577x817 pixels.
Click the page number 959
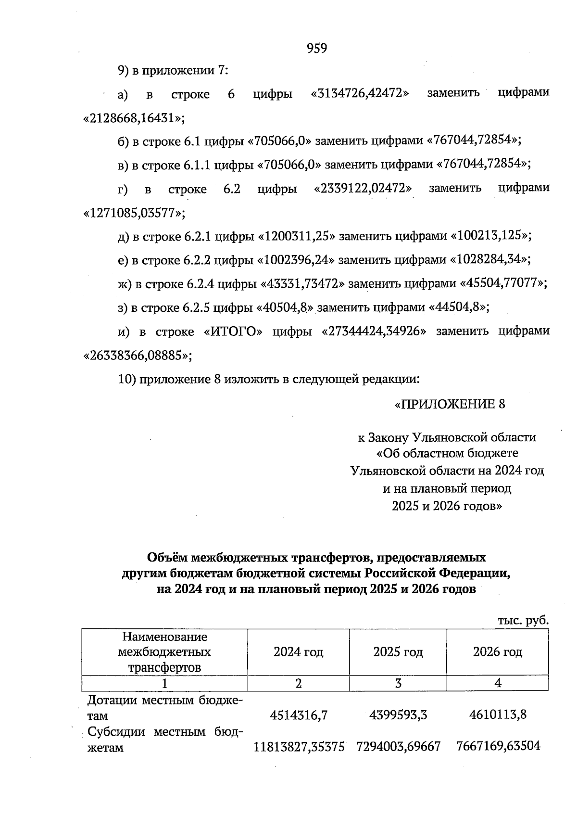point(316,48)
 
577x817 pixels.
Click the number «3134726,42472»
point(360,93)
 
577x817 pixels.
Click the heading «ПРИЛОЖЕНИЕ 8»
point(450,404)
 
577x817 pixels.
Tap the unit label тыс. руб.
point(523,621)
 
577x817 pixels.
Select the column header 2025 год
point(398,652)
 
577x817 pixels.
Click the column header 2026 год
point(498,652)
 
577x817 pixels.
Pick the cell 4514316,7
point(299,715)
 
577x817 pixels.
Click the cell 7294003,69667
point(398,747)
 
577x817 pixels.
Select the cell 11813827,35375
point(299,747)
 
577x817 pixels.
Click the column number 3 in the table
point(398,683)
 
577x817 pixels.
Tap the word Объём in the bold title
point(167,557)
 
